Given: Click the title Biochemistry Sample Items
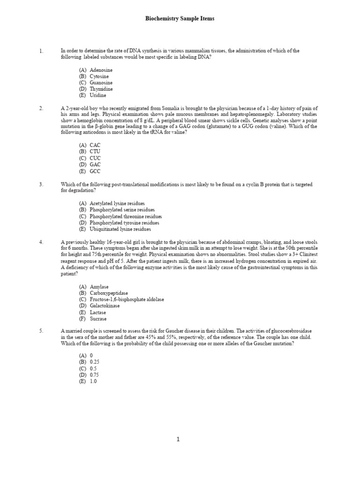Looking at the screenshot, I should pyautogui.click(x=180, y=19).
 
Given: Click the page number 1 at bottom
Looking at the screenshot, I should pyautogui.click(x=178, y=439).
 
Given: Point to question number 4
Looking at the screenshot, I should pyautogui.click(x=41, y=242).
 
